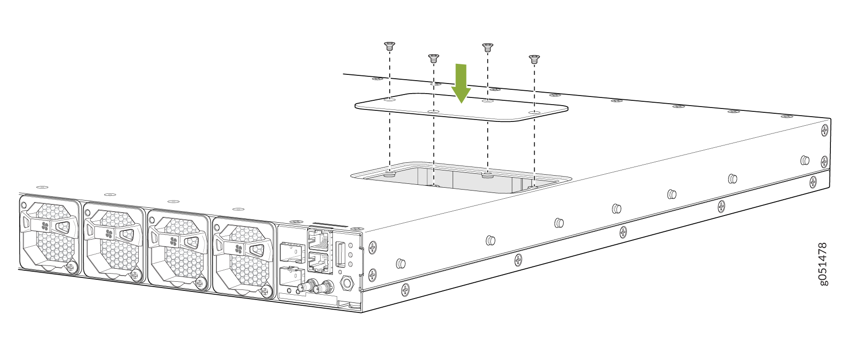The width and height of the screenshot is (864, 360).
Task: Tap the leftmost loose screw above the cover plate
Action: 389,47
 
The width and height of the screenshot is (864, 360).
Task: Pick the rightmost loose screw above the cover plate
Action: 534,59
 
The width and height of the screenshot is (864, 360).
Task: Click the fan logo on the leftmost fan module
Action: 45,226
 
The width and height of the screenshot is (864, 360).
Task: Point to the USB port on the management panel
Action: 340,254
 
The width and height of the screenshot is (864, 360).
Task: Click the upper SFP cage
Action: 292,252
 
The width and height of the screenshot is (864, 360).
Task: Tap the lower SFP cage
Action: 292,277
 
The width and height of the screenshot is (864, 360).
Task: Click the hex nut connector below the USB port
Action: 346,283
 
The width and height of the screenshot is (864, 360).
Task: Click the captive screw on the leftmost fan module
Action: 72,267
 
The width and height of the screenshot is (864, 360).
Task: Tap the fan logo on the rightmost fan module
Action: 239,249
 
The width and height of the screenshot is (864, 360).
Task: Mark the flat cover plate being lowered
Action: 461,107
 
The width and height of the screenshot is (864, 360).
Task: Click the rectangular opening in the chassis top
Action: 461,178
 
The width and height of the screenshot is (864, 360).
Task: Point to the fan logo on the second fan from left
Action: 109,234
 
